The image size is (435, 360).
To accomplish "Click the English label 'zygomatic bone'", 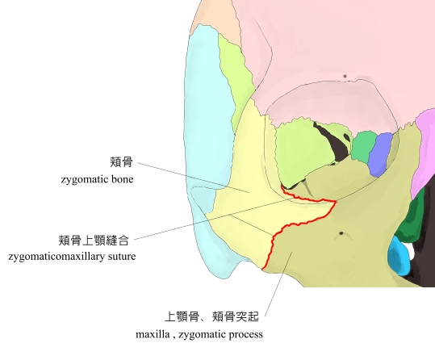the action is click(97, 179).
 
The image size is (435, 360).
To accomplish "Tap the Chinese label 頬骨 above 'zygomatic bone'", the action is click(122, 162).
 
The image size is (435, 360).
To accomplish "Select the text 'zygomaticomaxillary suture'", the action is click(72, 256).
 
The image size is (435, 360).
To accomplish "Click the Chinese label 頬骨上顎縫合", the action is click(94, 241).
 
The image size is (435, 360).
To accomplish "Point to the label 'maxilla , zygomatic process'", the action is click(199, 334).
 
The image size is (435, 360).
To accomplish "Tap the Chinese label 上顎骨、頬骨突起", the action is click(212, 316).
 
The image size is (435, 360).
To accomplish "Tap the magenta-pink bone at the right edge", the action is click(425, 150).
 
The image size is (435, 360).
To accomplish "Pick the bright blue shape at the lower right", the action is click(399, 255).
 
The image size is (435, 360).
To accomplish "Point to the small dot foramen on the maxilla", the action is click(341, 233).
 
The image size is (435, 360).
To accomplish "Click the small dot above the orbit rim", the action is click(345, 76).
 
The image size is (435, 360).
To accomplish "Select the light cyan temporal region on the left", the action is click(208, 139).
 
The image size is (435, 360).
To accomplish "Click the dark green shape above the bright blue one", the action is click(410, 220).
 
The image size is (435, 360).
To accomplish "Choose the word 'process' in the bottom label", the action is click(245, 335).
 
